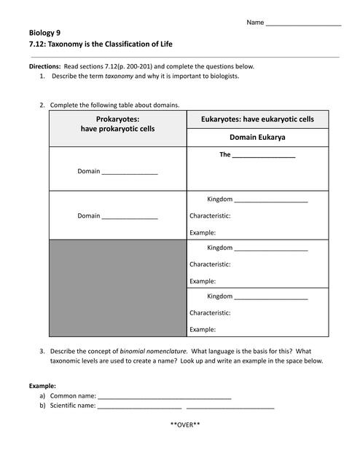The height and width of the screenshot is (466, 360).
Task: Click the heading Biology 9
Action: pos(45,33)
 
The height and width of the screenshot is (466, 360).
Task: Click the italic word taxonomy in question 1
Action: pos(120,76)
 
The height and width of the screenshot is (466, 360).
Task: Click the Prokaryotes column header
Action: pos(117,124)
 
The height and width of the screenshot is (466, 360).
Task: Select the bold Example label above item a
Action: pos(42,385)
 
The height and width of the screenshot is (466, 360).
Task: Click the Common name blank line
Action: pos(164,398)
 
